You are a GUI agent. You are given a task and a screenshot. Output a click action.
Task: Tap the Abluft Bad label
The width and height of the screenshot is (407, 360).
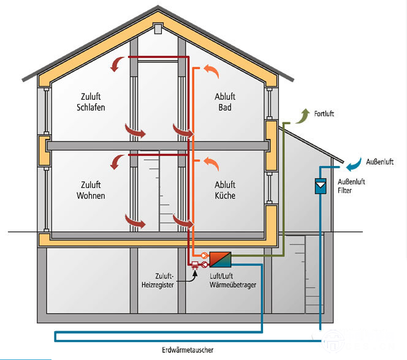pos(225,102)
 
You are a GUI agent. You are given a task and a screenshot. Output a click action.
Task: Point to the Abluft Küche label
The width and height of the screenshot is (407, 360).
pos(225,190)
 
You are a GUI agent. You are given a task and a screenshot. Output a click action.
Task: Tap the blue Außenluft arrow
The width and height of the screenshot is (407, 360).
pos(352,163)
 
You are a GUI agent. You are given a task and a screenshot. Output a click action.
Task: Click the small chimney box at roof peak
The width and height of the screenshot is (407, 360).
pos(159,28)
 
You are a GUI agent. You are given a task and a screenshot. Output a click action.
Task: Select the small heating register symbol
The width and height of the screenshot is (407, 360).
pos(195,265)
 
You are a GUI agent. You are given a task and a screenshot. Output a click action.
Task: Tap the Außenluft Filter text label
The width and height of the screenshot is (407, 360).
pos(349,186)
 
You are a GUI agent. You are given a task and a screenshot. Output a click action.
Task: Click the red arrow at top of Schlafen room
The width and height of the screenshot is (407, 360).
pos(117,64)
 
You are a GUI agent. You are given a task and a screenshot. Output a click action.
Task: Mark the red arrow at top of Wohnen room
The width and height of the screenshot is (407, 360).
pos(117,161)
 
